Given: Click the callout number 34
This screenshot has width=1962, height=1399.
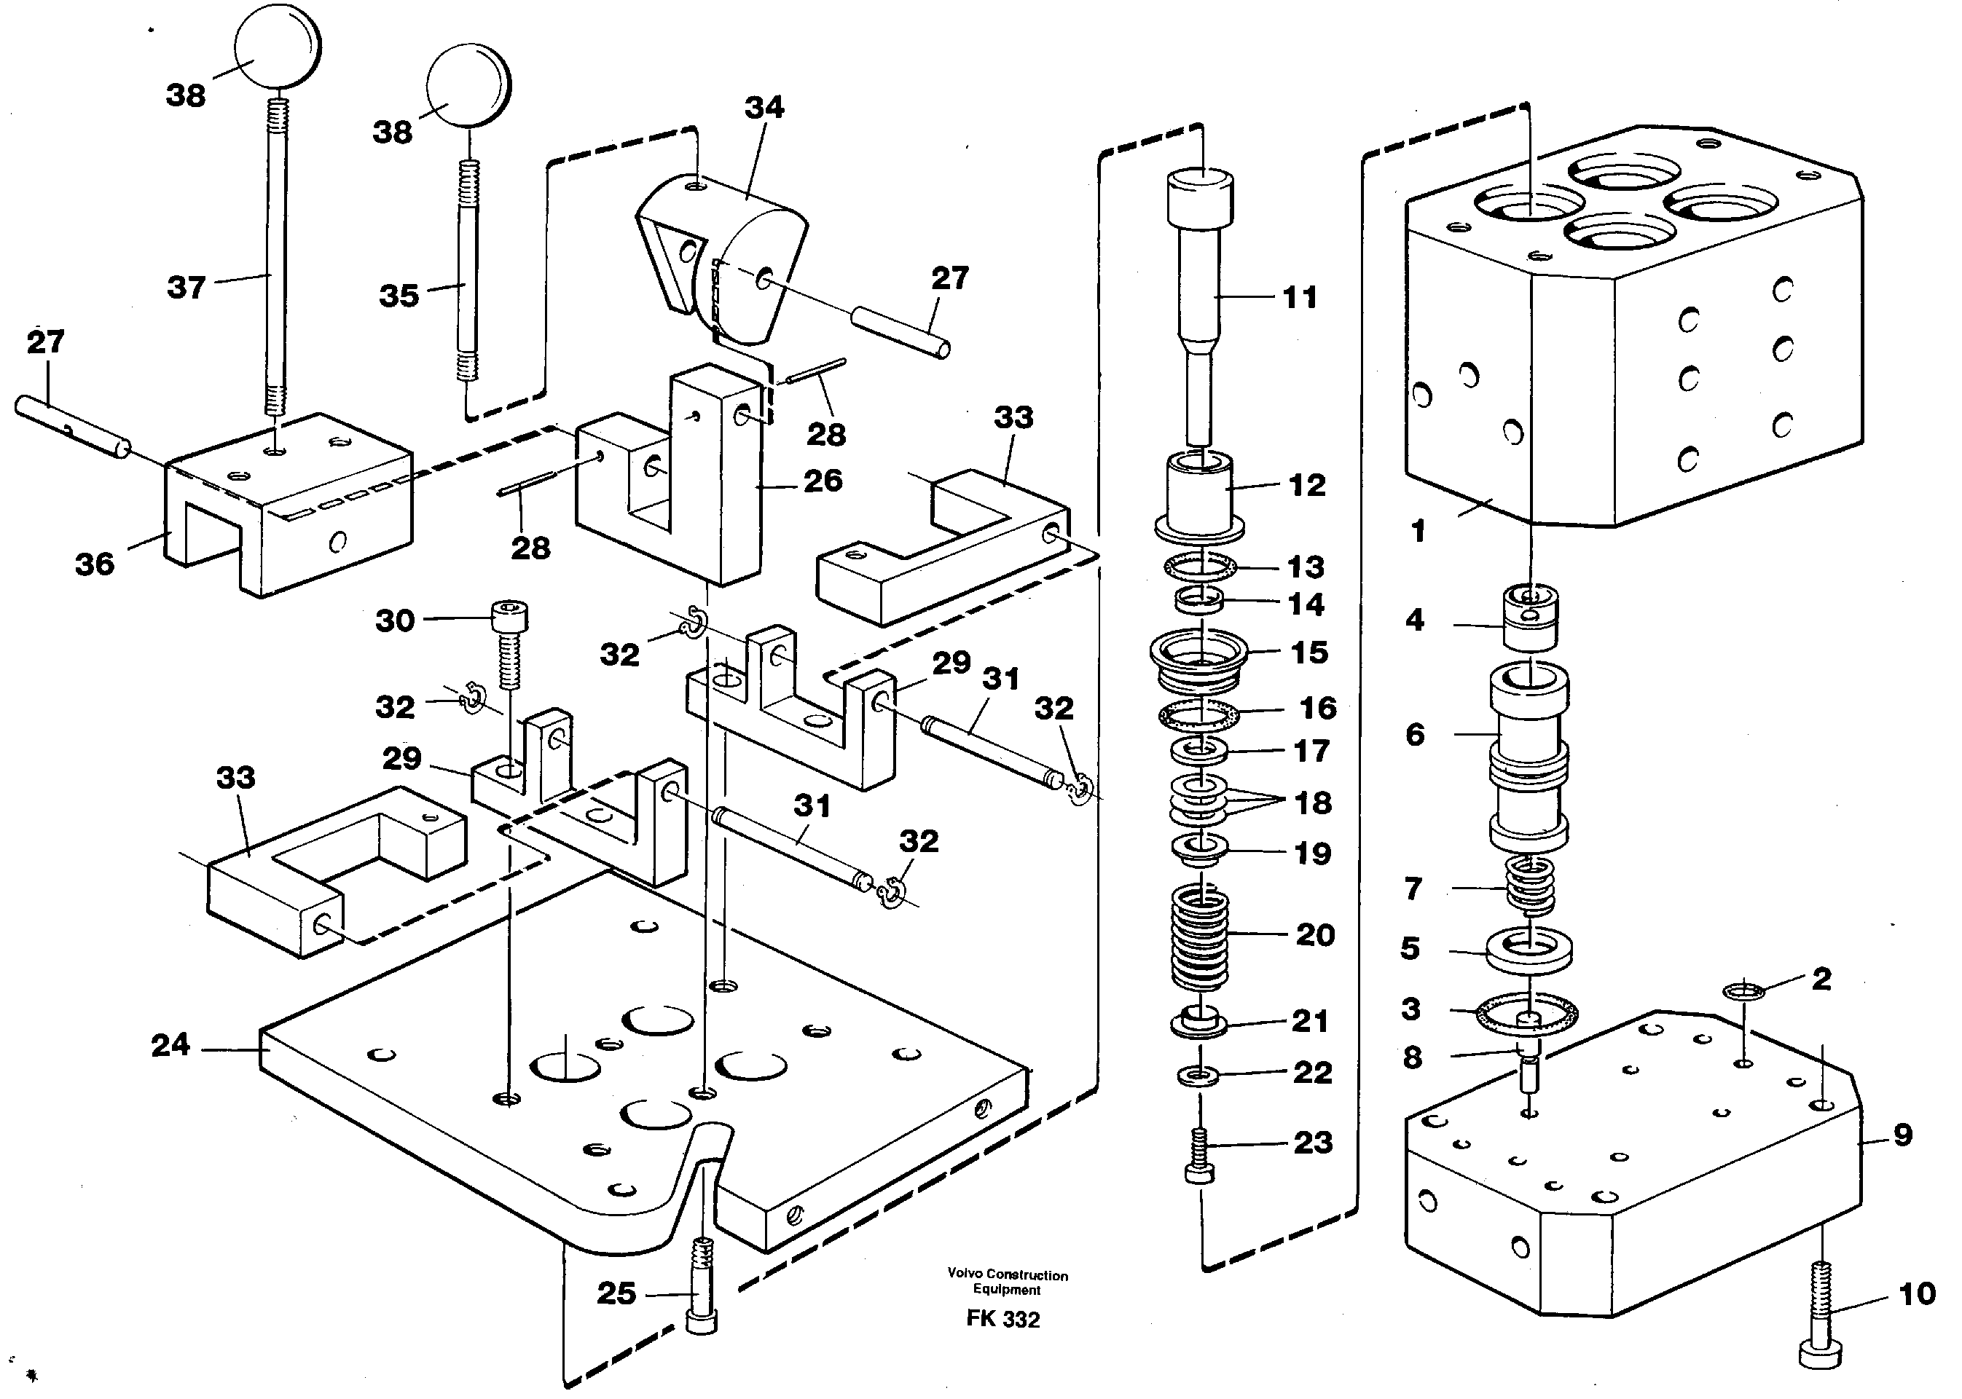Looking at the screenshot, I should [x=764, y=108].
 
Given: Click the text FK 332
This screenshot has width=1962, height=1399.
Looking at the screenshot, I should [x=1003, y=1320].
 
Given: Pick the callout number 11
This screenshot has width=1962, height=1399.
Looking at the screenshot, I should [x=1300, y=298].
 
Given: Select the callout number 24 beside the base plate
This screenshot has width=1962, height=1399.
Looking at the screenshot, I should [x=170, y=1045].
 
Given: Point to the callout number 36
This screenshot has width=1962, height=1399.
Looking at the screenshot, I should [x=94, y=564].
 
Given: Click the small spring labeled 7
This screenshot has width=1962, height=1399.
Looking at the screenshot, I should [x=1529, y=886].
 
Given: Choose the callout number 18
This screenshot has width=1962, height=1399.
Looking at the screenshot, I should [x=1312, y=803].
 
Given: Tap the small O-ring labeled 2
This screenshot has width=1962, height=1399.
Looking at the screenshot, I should [x=1744, y=991].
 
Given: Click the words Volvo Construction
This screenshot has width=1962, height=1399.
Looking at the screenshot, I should [x=1008, y=1274].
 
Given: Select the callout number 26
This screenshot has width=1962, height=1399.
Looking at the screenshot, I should [x=822, y=481].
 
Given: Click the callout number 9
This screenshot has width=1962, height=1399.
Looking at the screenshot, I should [x=1902, y=1135].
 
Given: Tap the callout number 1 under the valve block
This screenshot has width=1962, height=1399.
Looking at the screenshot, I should [x=1418, y=531].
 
